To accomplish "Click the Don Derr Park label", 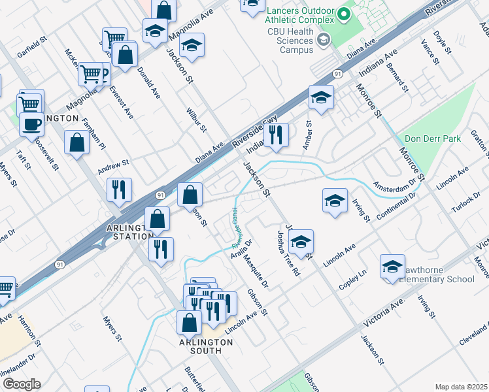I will (x=432, y=139).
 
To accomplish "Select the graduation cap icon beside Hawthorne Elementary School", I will (x=392, y=267).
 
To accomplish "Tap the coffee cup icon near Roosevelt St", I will (x=31, y=123).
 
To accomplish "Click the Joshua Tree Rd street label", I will (x=288, y=253).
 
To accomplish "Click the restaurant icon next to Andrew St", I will (x=119, y=189).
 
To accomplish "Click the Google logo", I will (x=21, y=384).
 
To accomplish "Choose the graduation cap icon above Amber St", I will (x=321, y=97).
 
